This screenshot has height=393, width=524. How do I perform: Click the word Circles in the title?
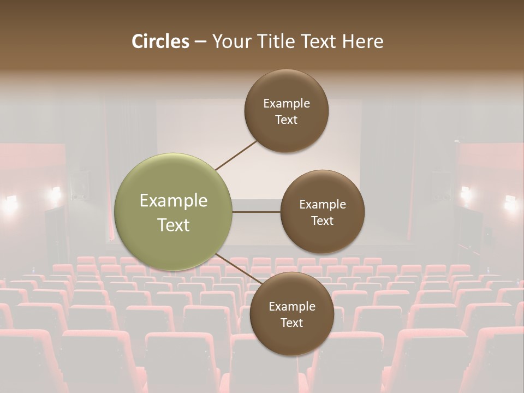coord(160,41)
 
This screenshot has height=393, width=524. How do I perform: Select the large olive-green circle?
coord(173,212)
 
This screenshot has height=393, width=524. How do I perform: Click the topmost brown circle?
coord(286,111)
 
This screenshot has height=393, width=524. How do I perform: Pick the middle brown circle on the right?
coord(322,212)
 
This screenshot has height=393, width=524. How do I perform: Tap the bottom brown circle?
coord(291,314)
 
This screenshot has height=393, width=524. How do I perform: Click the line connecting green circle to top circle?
coord(236,155)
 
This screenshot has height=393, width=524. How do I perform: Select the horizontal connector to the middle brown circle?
coord(256,212)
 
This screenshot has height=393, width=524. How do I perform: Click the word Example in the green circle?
coord(173,201)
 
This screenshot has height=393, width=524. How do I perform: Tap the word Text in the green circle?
coord(173,225)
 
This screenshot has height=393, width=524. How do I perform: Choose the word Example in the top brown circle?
coord(286,104)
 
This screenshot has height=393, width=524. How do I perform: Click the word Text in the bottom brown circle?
coord(291,323)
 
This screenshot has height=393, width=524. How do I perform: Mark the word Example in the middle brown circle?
coord(322,205)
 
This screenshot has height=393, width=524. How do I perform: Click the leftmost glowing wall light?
coord(9,204)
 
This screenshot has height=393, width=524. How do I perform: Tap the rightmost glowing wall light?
coord(511,203)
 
